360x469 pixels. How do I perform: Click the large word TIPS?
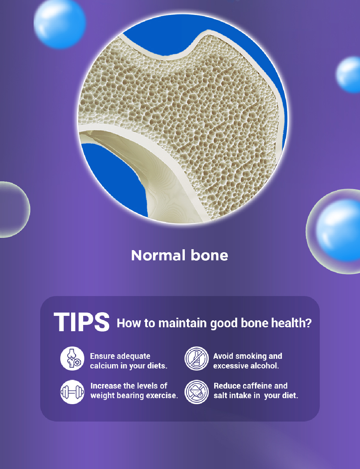point(82,322)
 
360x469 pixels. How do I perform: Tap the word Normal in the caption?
point(158,255)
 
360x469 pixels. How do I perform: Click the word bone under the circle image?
point(209,255)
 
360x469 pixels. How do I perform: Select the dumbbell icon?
point(72,392)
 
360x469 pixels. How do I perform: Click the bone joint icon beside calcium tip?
point(72,359)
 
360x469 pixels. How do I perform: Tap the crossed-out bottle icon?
point(196,359)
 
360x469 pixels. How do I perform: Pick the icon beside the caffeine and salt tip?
point(196,392)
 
